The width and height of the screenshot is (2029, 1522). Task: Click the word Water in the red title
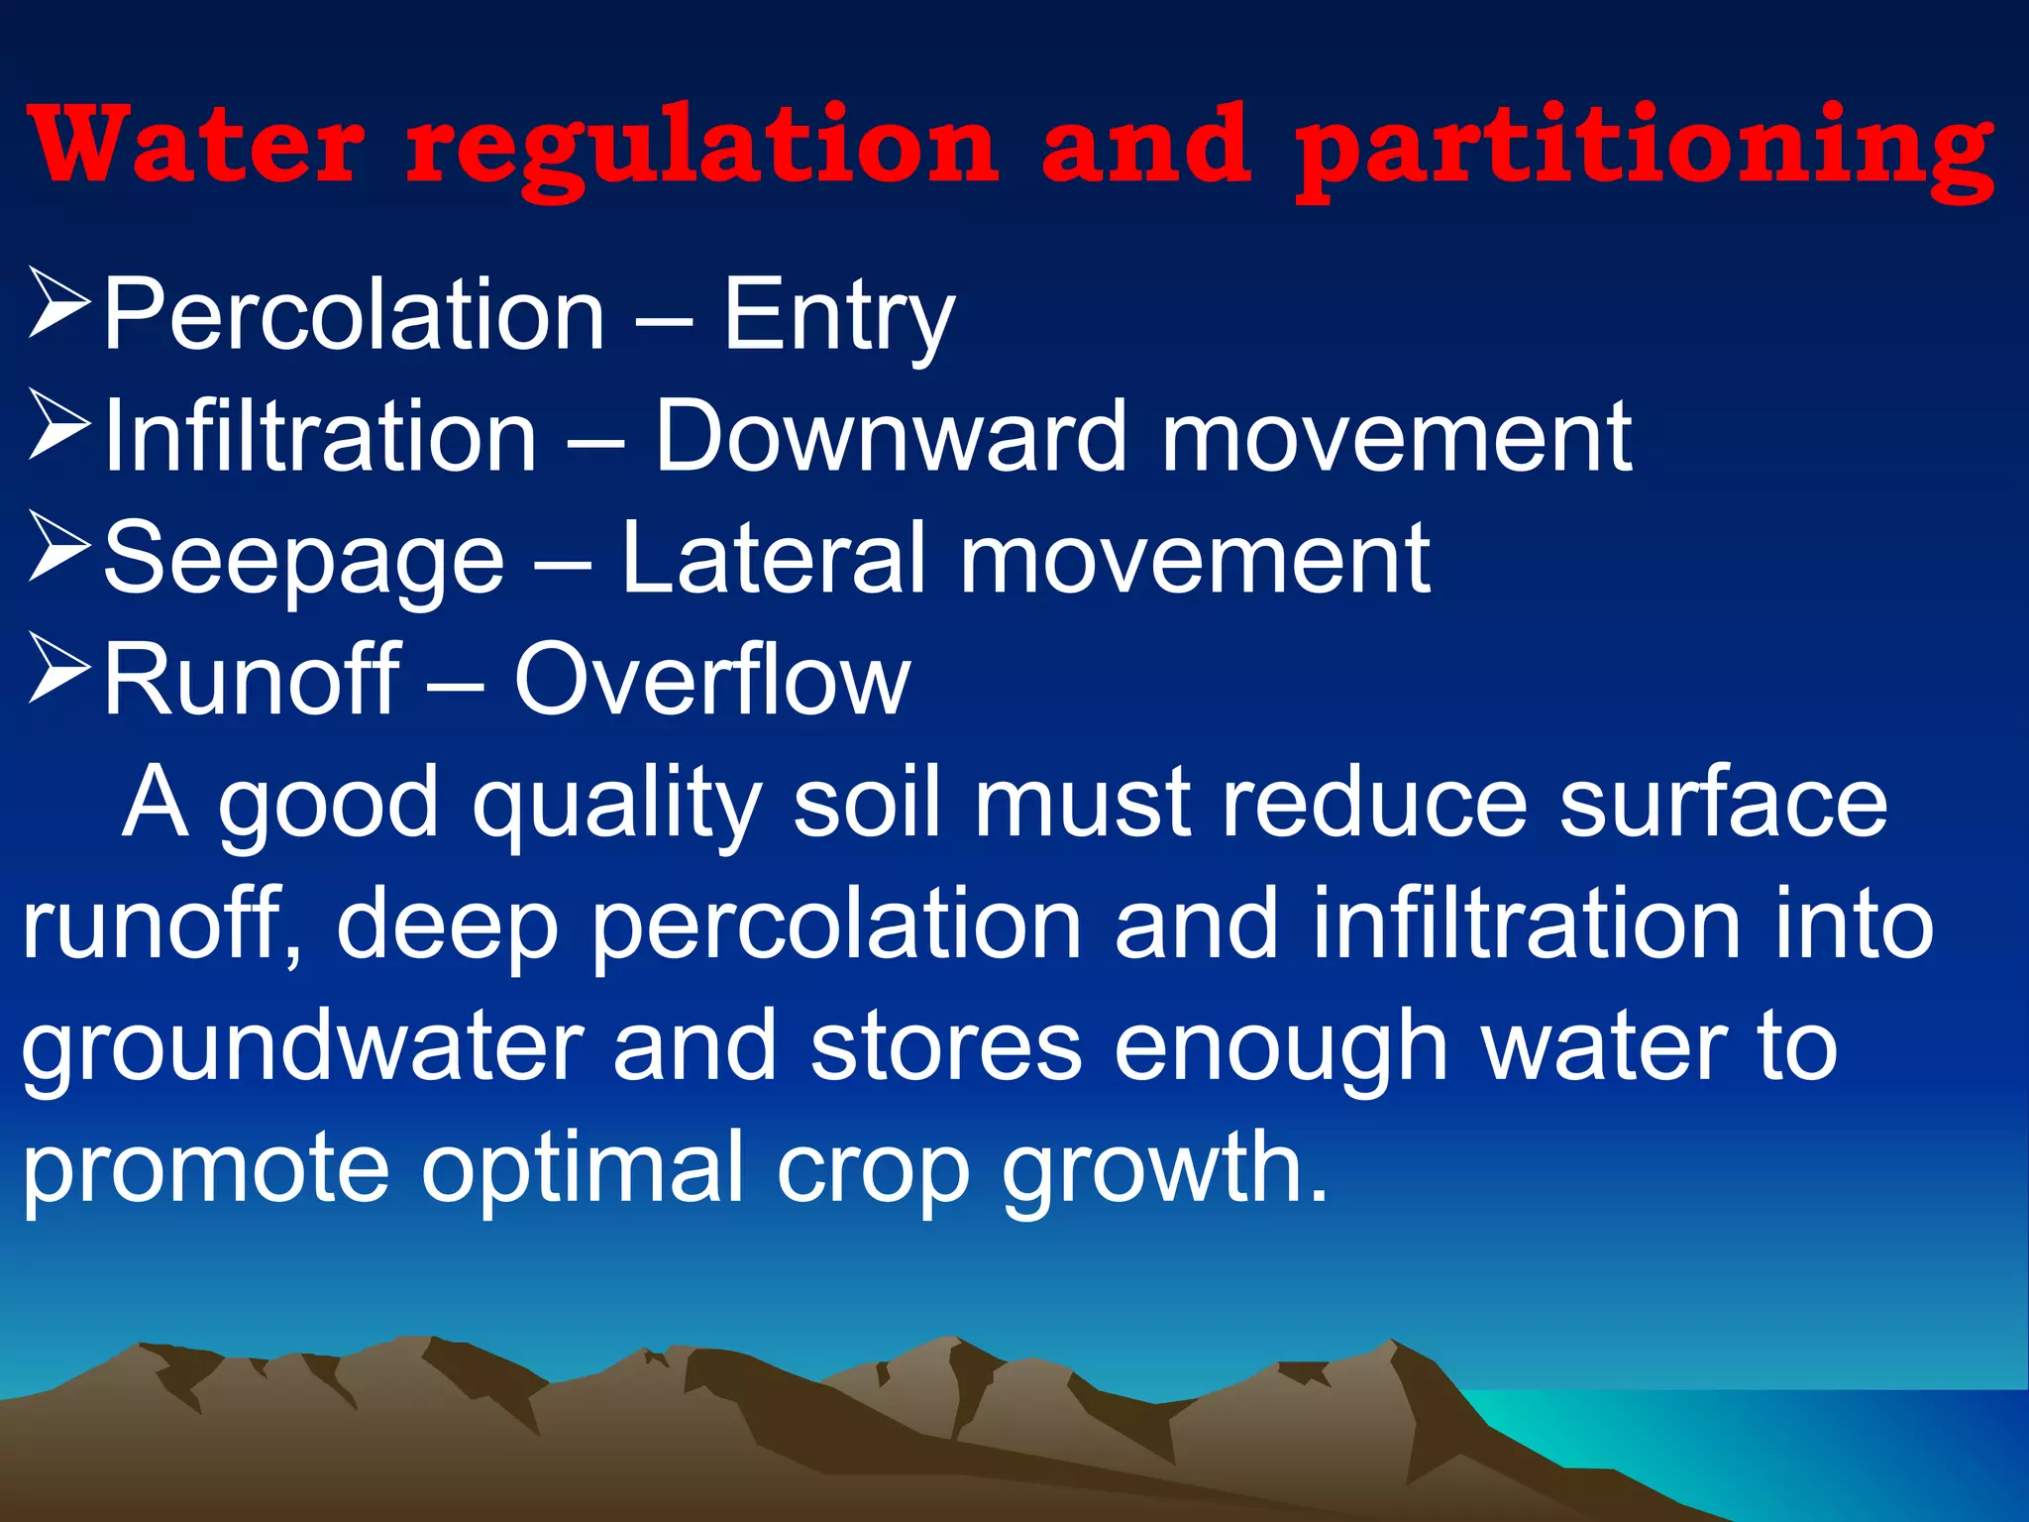point(198,147)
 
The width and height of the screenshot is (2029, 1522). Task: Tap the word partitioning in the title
point(1645,149)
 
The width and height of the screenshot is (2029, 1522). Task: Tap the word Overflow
point(711,680)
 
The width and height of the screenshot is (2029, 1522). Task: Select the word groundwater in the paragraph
point(303,1048)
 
